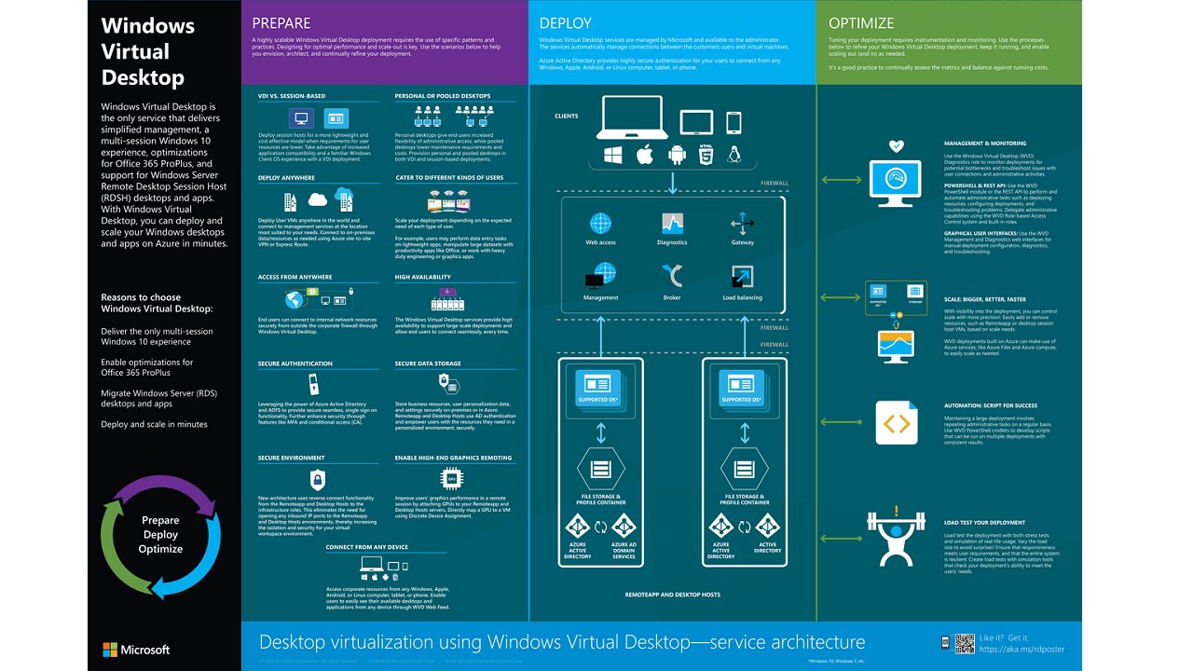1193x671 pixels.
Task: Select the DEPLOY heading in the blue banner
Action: click(x=565, y=23)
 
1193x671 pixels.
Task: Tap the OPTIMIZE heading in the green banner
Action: click(x=861, y=23)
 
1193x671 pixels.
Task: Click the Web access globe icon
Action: click(x=600, y=224)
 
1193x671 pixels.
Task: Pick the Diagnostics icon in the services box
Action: click(x=672, y=224)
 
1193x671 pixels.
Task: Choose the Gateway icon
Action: click(x=743, y=224)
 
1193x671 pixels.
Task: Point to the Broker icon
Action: click(x=672, y=276)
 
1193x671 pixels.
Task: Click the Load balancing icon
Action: click(x=743, y=277)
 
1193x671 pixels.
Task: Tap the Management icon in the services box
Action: click(x=600, y=277)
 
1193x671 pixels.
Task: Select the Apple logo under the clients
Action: click(x=644, y=155)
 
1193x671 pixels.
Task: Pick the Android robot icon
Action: click(x=676, y=155)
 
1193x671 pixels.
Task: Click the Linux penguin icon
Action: click(x=734, y=155)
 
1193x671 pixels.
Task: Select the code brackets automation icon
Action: click(x=896, y=424)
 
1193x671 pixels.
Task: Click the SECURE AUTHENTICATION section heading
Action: click(x=295, y=364)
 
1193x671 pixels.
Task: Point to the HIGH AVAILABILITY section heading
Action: click(x=422, y=277)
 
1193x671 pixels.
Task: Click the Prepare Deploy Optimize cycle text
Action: click(x=160, y=535)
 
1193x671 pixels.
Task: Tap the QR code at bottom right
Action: click(x=945, y=642)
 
